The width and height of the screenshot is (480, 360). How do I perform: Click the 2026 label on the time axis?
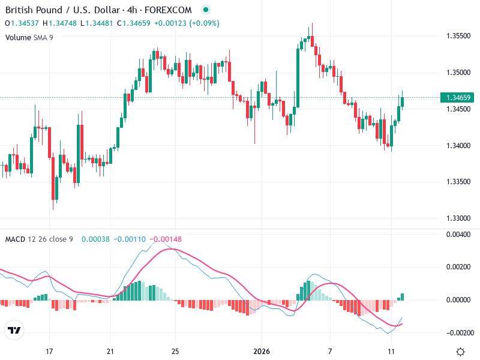(261, 351)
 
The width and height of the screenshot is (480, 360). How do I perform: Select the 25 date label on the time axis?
(175, 351)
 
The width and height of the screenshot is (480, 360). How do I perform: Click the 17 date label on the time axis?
(50, 351)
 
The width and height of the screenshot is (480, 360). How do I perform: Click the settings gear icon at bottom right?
(460, 351)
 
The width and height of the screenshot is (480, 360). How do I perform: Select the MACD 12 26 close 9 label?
(39, 239)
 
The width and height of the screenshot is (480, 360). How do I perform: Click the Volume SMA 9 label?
(29, 37)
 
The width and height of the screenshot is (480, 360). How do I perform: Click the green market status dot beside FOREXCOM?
(206, 10)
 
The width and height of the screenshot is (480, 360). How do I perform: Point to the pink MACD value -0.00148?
(166, 239)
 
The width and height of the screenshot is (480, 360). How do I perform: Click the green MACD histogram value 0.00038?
(92, 239)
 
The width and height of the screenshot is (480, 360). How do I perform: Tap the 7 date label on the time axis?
(330, 351)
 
